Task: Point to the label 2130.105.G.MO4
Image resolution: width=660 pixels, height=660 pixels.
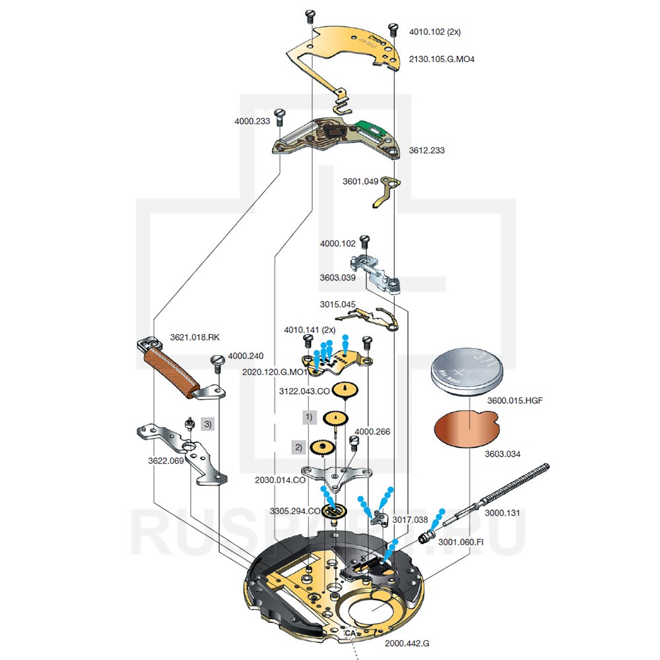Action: [442, 59]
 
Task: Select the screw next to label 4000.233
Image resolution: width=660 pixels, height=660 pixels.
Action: [279, 118]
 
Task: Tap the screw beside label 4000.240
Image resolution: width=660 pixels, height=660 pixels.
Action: [217, 362]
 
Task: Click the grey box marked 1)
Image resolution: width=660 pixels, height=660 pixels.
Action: [310, 418]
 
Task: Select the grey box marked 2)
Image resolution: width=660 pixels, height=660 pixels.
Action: [298, 447]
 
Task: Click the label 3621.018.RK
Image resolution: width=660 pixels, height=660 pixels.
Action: [195, 337]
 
